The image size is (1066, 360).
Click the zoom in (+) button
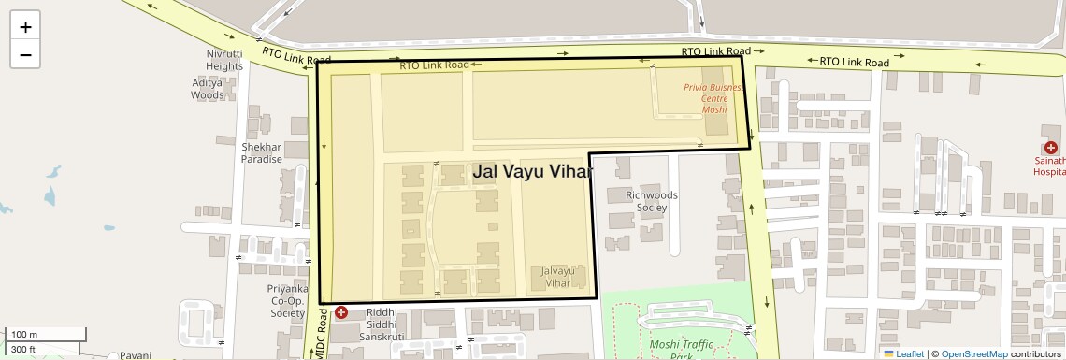coord(25,27)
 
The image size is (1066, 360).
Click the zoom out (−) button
coord(25,55)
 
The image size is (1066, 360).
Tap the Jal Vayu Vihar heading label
coord(533,171)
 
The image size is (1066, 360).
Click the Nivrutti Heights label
coord(224,60)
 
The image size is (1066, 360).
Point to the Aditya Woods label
coord(208,89)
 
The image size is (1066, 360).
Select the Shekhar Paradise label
coord(261,152)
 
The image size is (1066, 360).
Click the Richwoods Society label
coord(652,201)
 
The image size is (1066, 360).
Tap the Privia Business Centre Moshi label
coord(713,98)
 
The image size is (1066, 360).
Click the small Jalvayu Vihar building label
coord(556,277)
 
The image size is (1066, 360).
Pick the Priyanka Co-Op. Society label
coord(287,301)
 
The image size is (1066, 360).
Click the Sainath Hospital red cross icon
coord(1051,148)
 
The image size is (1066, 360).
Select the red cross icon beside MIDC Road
coord(341,312)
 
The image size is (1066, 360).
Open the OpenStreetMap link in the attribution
coord(973,353)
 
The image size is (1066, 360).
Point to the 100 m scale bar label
coord(24,335)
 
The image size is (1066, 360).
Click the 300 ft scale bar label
coord(24,350)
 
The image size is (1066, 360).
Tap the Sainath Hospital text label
coord(1048,166)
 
